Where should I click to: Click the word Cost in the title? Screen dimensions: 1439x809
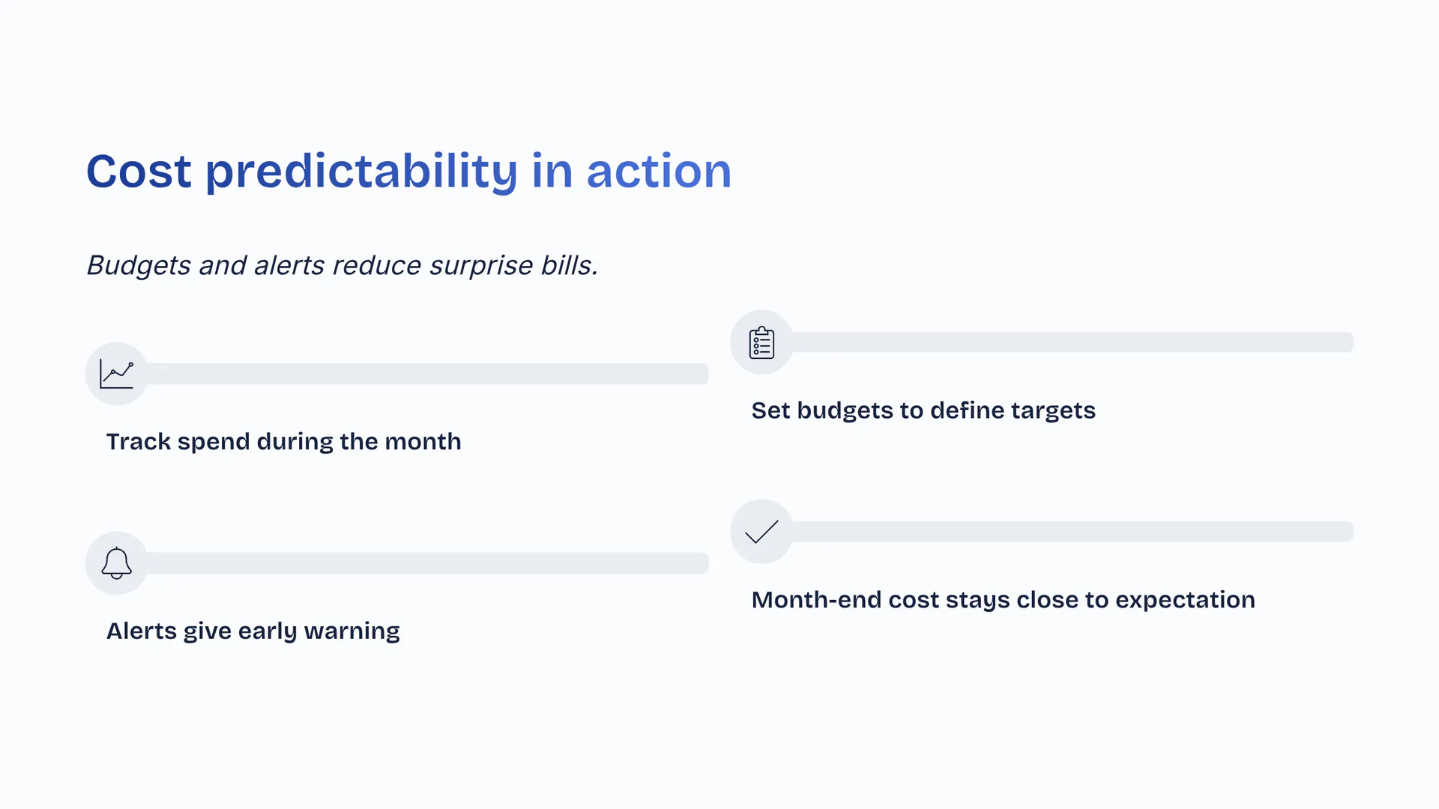pos(139,172)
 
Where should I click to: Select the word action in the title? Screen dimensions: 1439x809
pos(659,172)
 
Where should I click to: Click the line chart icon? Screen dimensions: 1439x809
pos(117,374)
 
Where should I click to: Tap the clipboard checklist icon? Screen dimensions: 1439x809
pos(761,342)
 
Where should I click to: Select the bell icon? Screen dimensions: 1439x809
pos(117,563)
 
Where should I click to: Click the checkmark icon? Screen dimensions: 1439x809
pos(761,532)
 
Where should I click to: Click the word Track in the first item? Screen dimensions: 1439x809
pos(139,441)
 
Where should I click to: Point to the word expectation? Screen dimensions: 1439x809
pos(1185,600)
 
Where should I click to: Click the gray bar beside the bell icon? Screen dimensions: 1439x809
pos(427,563)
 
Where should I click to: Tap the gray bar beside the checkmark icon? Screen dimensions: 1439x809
pos(1073,532)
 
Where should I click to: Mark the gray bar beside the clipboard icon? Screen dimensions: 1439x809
pos(1073,342)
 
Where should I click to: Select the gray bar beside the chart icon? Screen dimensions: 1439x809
pos(427,374)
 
